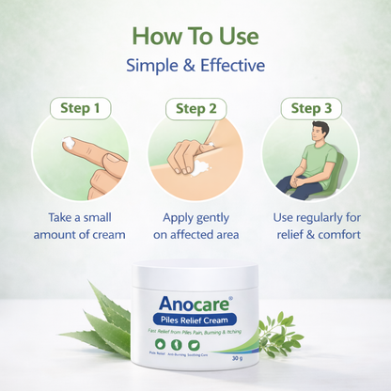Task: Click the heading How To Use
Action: click(195, 36)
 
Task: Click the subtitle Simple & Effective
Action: click(195, 66)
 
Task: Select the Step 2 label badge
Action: click(195, 108)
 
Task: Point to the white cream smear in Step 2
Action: click(200, 167)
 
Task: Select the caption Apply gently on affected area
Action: click(195, 226)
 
